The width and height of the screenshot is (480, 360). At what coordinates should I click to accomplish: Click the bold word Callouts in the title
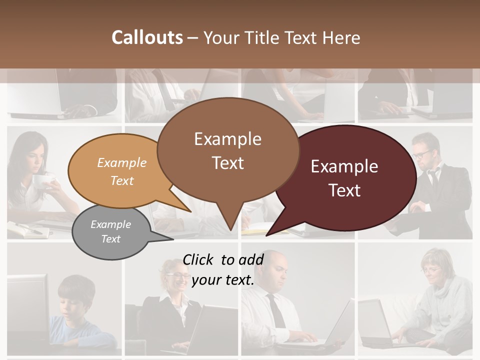point(147,37)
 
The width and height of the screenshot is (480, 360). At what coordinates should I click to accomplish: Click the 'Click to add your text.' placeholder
point(223,269)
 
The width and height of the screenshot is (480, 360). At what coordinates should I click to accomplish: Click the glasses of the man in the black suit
point(423,153)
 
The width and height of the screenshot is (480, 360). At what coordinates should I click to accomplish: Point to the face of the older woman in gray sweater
point(430,270)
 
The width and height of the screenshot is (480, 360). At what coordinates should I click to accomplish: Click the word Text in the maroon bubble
point(344,190)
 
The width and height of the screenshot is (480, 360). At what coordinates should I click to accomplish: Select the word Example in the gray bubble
point(110,224)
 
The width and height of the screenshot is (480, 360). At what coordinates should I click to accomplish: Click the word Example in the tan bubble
point(121,163)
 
